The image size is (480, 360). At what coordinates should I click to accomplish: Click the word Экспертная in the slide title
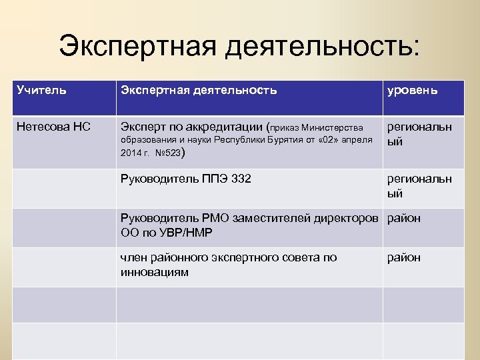[135, 47]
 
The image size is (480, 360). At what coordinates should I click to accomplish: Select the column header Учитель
[41, 90]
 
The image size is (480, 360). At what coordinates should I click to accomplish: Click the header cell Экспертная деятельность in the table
[198, 90]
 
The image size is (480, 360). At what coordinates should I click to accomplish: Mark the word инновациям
[154, 272]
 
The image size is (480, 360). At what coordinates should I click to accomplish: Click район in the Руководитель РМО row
[404, 218]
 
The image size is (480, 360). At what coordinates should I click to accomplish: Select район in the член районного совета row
[404, 258]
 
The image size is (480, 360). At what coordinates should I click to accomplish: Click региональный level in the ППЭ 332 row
[419, 186]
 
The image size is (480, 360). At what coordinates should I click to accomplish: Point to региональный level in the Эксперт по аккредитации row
[419, 134]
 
